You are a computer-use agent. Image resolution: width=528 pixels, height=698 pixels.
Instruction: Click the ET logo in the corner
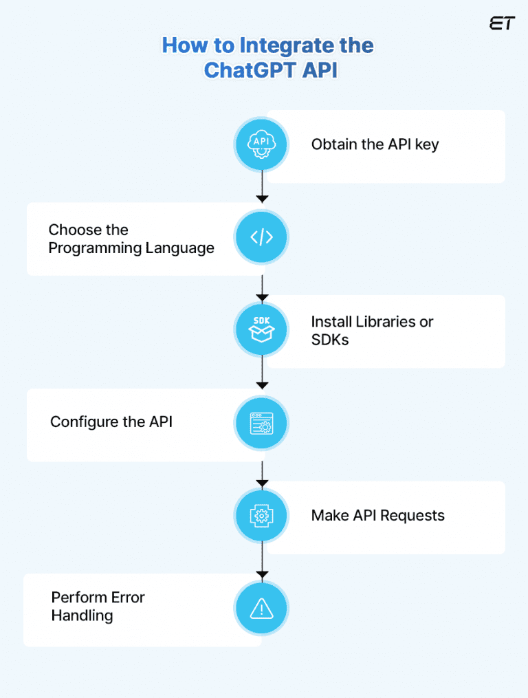501,23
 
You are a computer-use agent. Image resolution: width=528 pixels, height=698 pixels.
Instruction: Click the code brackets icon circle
261,238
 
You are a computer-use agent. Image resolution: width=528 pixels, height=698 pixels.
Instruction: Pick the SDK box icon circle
261,330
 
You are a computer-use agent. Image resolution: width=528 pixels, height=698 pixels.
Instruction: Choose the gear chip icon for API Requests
261,516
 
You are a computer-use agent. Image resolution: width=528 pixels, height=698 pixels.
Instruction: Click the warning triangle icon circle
261,608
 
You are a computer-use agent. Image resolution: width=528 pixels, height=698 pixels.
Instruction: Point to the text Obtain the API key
375,144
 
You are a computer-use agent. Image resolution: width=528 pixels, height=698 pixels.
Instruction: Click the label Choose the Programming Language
131,239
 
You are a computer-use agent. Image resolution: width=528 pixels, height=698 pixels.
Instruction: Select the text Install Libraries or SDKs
372,331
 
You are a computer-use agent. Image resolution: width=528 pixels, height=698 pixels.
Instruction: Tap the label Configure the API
111,422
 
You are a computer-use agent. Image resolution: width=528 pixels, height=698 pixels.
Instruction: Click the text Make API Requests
377,515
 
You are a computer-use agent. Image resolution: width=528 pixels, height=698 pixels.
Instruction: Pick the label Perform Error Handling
98,606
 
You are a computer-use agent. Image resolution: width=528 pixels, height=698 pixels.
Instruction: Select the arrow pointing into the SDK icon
261,288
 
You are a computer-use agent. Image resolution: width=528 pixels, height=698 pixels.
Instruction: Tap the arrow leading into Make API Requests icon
261,474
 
